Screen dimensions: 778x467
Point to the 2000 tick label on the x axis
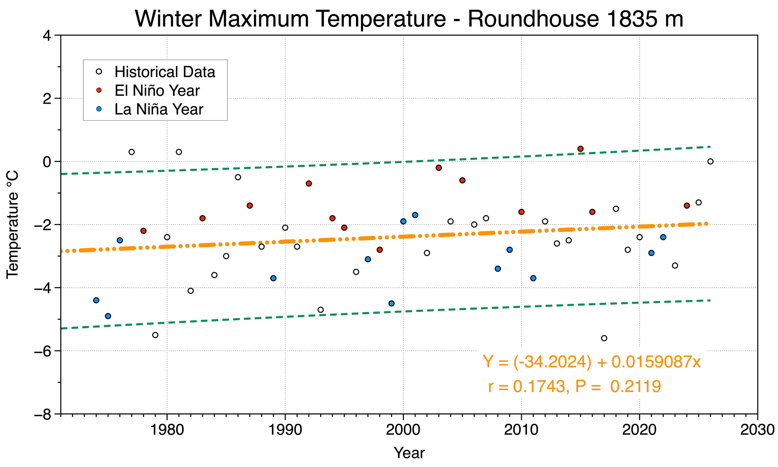tap(403, 430)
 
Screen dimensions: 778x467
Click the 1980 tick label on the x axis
tap(167, 430)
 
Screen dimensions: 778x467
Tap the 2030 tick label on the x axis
tap(758, 430)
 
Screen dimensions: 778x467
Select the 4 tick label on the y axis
tap(48, 36)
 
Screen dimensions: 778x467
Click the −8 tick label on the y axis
tap(43, 414)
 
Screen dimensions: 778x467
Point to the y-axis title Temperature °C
tap(13, 225)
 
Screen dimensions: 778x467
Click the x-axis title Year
tap(409, 453)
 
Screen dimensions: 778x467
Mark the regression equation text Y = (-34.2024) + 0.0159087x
tap(592, 362)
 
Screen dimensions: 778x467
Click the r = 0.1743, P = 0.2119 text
tap(575, 386)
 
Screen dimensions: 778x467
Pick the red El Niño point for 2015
tap(581, 149)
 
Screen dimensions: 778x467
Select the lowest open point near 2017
tap(604, 338)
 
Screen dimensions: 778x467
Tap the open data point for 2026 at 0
tap(711, 161)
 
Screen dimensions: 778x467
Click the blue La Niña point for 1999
tap(391, 303)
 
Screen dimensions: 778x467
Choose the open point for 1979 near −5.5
tap(155, 335)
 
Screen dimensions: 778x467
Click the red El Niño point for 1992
tap(309, 184)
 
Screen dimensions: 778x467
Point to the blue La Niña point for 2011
tap(533, 278)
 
